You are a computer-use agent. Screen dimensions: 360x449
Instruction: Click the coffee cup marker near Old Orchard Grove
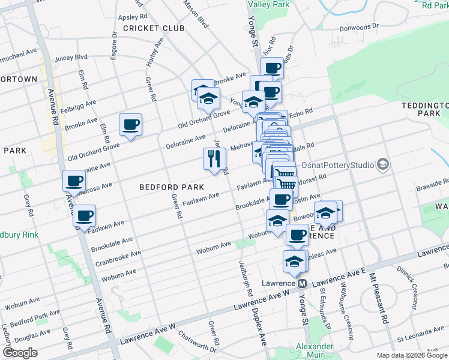click(130, 125)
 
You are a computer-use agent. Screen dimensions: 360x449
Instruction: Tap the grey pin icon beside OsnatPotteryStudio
click(382, 164)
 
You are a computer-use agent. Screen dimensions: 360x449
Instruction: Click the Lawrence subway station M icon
click(303, 283)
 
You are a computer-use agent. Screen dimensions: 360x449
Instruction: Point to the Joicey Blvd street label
click(71, 58)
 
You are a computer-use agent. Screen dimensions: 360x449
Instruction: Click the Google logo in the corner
click(20, 352)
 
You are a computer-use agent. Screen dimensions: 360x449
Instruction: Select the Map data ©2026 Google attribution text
click(412, 355)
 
